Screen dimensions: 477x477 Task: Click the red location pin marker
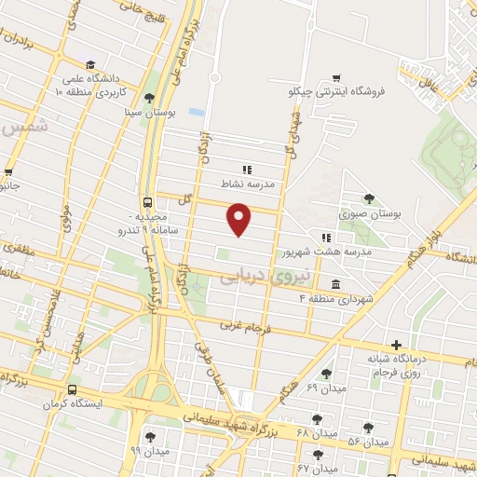click(x=240, y=220)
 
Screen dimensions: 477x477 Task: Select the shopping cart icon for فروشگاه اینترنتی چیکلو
click(x=336, y=77)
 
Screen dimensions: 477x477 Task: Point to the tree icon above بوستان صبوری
click(x=370, y=198)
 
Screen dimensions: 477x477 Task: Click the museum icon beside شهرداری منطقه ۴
click(x=334, y=284)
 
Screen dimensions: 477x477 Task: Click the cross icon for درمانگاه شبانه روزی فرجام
click(x=397, y=345)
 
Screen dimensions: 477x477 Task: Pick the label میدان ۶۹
click(x=325, y=387)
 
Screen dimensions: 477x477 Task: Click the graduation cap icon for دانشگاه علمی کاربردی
click(x=90, y=64)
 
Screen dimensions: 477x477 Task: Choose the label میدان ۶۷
click(x=316, y=468)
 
